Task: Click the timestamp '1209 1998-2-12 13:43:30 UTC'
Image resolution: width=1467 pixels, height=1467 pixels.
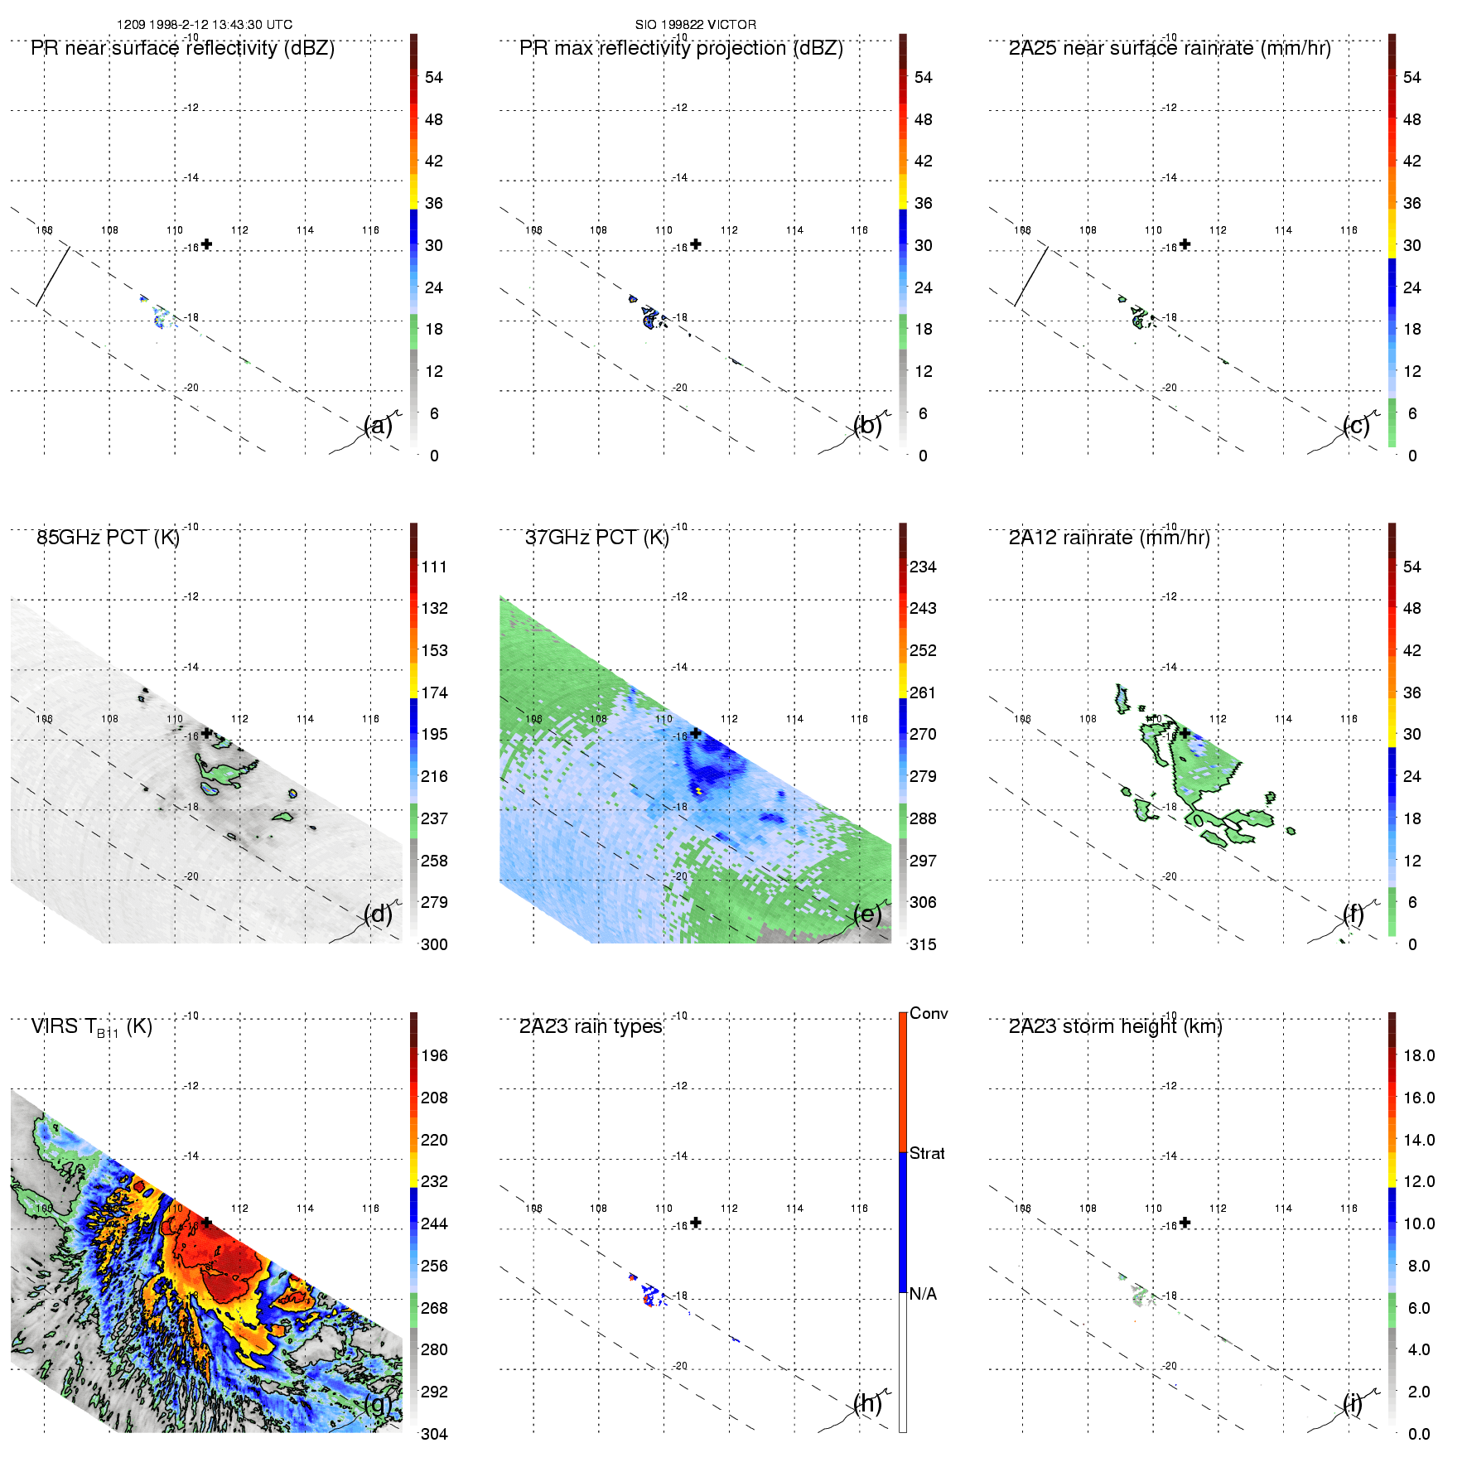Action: [x=204, y=25]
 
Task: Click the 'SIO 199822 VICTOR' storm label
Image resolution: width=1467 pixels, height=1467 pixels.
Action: [x=695, y=25]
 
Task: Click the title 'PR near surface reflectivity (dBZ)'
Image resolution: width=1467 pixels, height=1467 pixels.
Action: [x=182, y=48]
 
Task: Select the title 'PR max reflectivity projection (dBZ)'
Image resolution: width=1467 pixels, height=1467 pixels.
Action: [x=681, y=48]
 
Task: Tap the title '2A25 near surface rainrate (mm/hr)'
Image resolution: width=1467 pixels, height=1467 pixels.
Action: [x=1170, y=48]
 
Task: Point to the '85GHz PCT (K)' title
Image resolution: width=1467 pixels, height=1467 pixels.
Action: [x=108, y=538]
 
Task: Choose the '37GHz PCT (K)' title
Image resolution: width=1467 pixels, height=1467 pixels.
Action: [x=596, y=538]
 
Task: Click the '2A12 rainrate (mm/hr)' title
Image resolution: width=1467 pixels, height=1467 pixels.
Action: [x=1109, y=538]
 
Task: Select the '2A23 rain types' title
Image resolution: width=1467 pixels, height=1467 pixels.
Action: [x=591, y=1026]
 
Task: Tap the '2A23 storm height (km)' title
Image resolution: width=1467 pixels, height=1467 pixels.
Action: [x=1115, y=1026]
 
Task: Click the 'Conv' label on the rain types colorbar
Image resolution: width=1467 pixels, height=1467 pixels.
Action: [x=929, y=1013]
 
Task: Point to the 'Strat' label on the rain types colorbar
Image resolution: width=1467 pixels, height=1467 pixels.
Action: [x=927, y=1153]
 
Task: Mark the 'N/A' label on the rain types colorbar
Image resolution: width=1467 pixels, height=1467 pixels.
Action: [x=923, y=1294]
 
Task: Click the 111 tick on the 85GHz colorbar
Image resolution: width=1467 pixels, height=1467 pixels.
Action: [x=434, y=567]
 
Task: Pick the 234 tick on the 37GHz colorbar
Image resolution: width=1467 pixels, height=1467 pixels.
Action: [x=923, y=567]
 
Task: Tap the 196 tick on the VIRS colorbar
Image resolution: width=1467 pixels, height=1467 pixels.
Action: [x=434, y=1055]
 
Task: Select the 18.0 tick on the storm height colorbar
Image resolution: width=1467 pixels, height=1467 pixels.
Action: [x=1418, y=1055]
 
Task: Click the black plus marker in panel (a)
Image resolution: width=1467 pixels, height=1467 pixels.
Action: [x=206, y=244]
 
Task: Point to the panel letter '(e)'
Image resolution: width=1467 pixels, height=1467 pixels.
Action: [x=867, y=914]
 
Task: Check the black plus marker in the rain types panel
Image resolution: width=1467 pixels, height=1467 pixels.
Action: [x=696, y=1223]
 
